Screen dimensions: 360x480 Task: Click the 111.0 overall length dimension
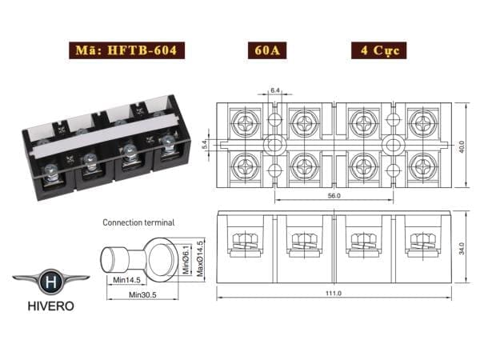pos(334,294)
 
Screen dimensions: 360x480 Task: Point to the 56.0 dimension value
pos(334,195)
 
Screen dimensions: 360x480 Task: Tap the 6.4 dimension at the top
pos(274,91)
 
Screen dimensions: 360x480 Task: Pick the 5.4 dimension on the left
pos(205,146)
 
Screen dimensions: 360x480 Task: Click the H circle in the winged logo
pos(50,282)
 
